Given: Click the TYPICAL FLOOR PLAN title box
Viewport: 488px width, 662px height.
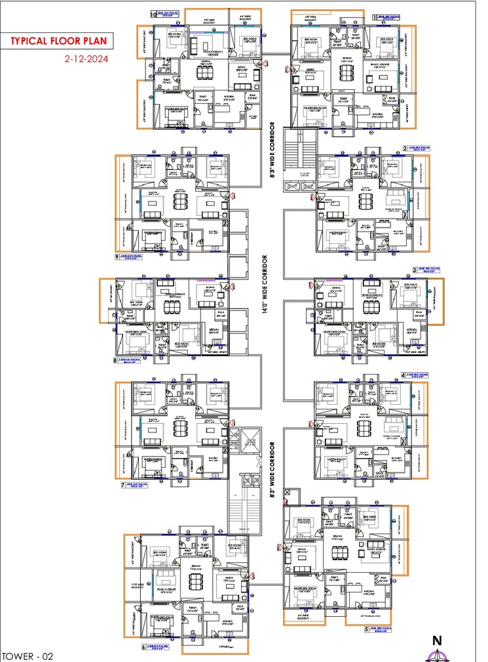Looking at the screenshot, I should [58, 41].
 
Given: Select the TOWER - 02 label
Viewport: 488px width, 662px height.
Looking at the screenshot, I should [27, 655].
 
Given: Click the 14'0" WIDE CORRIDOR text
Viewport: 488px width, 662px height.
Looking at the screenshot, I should [265, 295].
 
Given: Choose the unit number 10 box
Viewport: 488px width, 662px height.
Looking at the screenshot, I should [154, 13].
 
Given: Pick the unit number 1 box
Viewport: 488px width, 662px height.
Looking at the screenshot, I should [375, 18].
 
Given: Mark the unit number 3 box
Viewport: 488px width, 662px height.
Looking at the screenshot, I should [414, 269].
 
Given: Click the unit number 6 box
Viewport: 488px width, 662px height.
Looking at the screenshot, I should [143, 646].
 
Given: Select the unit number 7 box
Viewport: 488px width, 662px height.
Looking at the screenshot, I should [122, 486].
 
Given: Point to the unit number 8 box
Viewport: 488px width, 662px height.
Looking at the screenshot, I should [116, 360].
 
